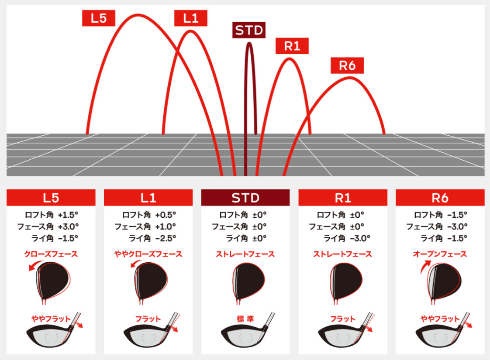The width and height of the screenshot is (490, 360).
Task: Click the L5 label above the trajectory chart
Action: point(98,18)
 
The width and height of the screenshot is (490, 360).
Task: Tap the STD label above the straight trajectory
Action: point(249,30)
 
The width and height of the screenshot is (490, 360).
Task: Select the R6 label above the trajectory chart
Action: point(347,65)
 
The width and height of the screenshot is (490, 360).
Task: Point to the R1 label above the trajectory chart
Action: point(292,46)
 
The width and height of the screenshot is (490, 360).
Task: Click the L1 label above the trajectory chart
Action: point(190,18)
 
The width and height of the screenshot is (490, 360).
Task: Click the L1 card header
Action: point(148,198)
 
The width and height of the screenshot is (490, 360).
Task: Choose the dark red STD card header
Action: point(245,198)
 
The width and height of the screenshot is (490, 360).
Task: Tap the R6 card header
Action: point(440,198)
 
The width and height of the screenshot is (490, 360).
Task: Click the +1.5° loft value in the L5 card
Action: point(68,215)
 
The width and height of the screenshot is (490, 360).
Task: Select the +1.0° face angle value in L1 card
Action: point(166,226)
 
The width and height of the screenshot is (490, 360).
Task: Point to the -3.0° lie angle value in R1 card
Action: point(360,238)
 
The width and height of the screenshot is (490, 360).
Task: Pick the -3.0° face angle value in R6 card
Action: point(457,226)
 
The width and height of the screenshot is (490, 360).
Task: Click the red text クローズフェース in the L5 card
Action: point(51,254)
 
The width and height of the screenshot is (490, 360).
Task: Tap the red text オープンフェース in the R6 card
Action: point(440,254)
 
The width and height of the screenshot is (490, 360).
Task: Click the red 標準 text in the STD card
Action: point(245,319)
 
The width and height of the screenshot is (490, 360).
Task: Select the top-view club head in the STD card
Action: point(249,281)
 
